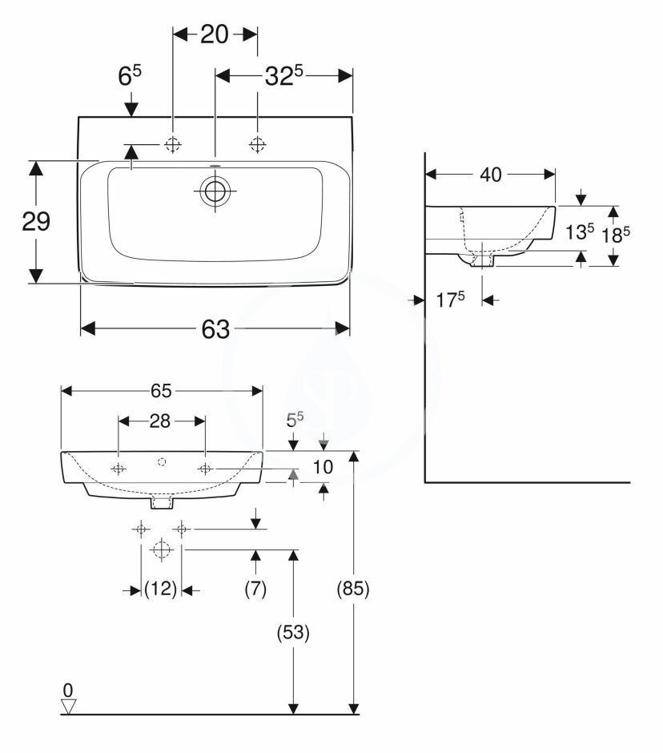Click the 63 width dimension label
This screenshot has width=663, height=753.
215,329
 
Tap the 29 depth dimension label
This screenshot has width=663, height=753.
36,222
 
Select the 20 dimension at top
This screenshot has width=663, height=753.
215,34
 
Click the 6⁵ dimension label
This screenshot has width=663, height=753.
130,76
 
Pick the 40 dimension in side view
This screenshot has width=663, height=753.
490,174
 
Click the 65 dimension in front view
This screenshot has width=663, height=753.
162,390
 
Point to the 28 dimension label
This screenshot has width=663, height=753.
162,420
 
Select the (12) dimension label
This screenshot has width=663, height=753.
161,590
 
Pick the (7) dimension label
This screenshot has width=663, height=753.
255,590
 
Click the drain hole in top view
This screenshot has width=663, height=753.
215,191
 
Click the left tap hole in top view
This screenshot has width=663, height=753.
172,144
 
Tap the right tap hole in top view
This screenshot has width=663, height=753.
257,144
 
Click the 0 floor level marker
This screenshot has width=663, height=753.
69,690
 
